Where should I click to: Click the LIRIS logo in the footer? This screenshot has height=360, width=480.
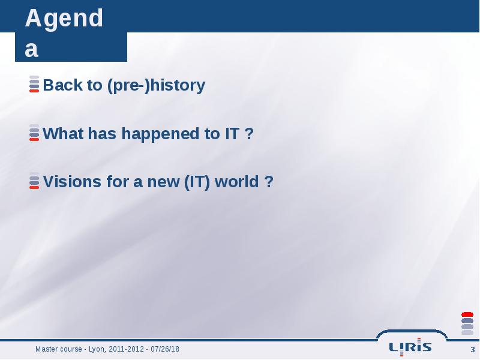click(x=410, y=347)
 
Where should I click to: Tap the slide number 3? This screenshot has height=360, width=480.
click(x=473, y=350)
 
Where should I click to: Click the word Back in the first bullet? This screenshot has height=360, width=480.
click(x=62, y=85)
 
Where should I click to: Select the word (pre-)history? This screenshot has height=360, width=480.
click(x=156, y=86)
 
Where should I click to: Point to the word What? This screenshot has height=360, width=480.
click(x=63, y=133)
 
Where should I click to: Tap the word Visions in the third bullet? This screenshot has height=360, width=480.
click(x=72, y=182)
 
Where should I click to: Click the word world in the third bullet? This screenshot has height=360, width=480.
click(x=236, y=182)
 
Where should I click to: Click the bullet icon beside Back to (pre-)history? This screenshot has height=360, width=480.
click(x=34, y=84)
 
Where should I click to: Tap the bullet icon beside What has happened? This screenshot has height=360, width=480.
click(x=34, y=133)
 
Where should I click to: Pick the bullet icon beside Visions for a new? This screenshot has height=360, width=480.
click(x=34, y=181)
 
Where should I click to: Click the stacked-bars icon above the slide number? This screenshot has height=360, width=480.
click(x=467, y=323)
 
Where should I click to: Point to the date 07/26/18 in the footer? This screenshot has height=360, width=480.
click(x=165, y=349)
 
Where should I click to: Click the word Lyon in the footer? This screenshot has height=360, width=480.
click(x=97, y=350)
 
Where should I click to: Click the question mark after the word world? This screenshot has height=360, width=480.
click(x=268, y=182)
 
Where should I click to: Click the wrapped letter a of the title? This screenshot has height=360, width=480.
click(x=32, y=50)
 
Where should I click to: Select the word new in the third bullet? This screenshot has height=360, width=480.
click(x=163, y=183)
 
